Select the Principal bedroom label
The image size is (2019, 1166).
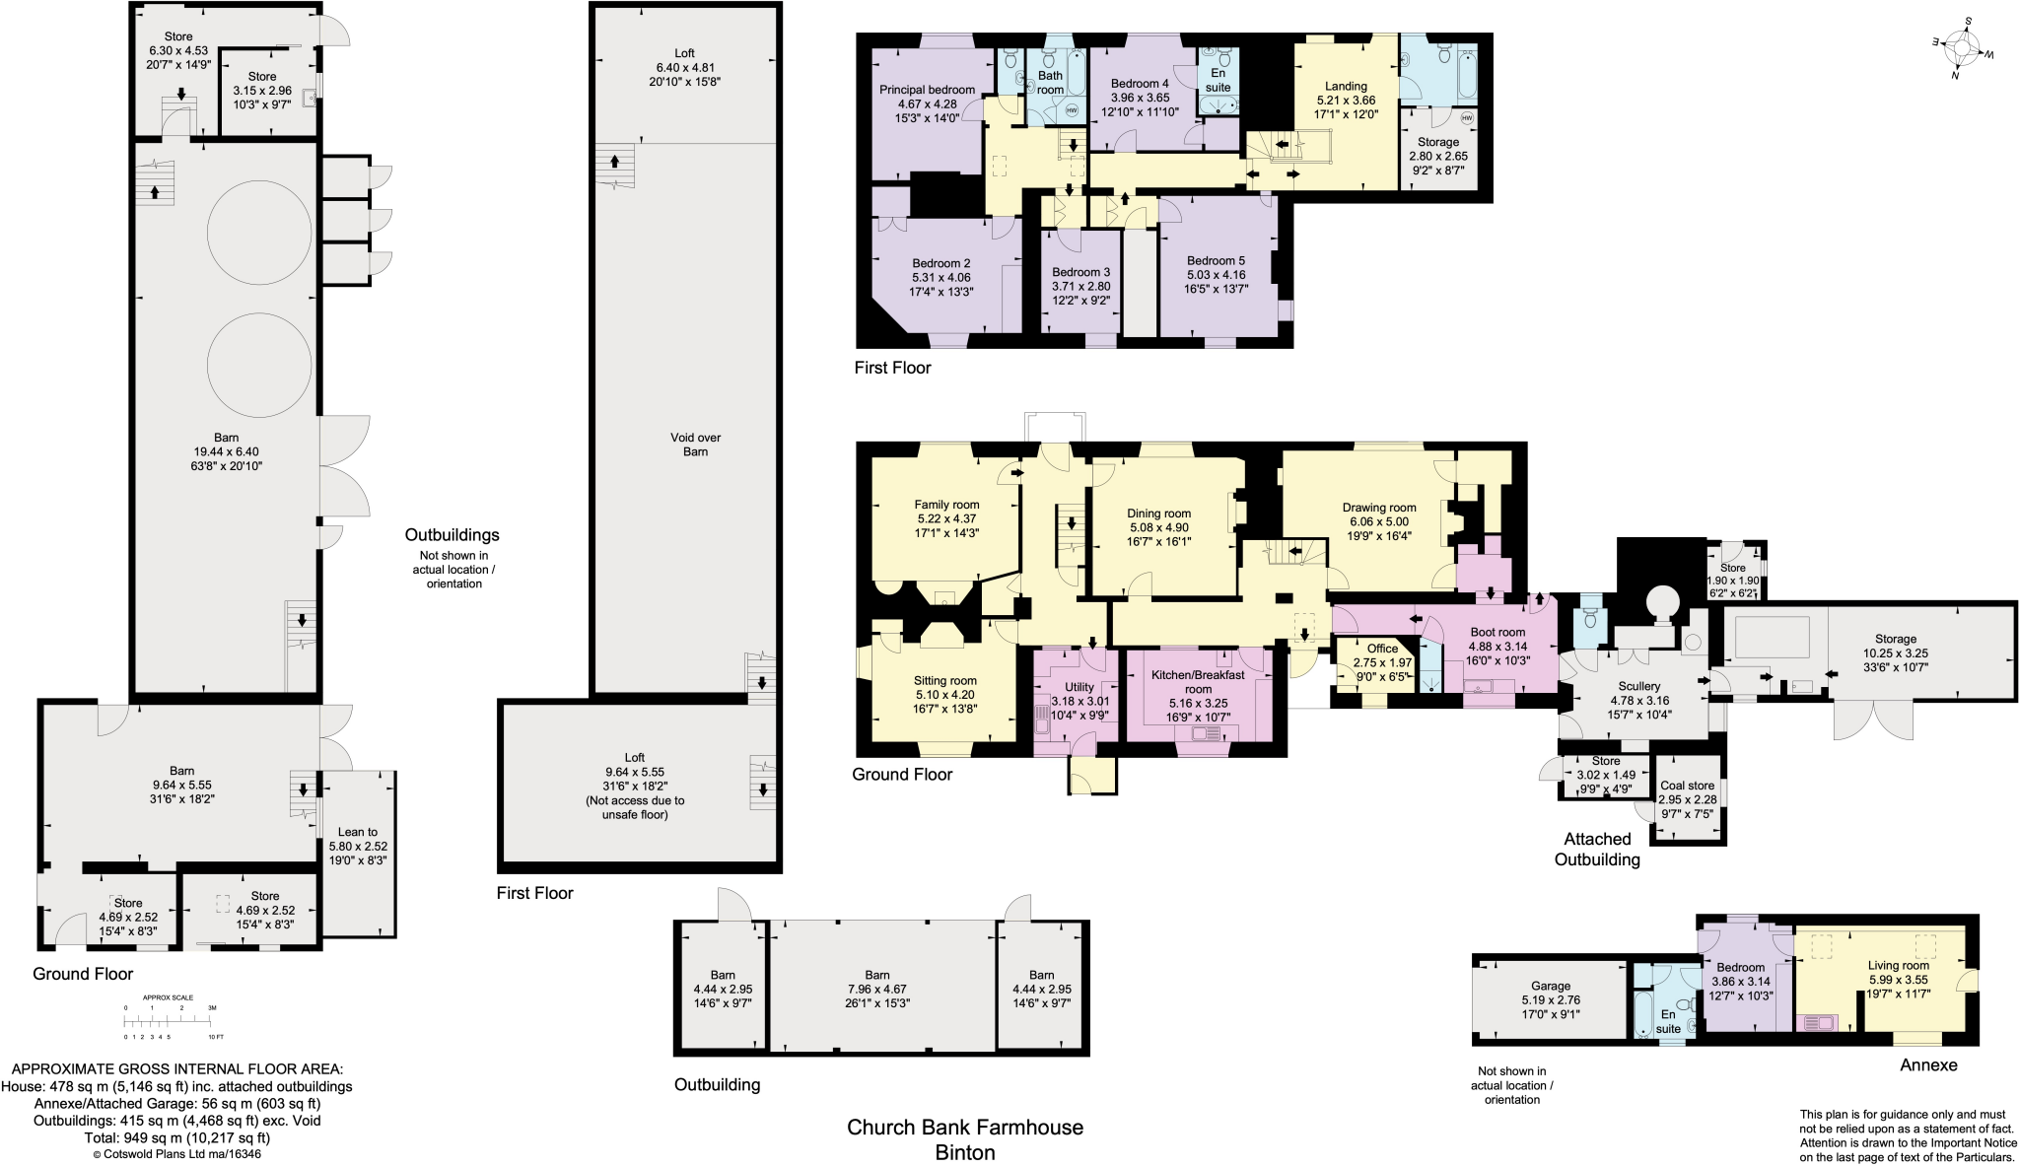[927, 90]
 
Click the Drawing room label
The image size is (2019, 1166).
[1379, 508]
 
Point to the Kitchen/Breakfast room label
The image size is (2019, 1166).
[1198, 682]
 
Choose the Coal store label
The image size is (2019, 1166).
[1687, 786]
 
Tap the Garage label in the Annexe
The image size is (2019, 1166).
[1551, 986]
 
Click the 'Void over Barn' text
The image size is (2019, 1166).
[696, 445]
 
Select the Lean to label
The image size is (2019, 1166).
[357, 832]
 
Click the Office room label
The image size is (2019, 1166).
[1382, 649]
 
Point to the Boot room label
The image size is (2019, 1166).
[1497, 633]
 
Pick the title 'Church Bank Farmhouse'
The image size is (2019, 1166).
[964, 1128]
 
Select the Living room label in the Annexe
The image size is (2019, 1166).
[1898, 966]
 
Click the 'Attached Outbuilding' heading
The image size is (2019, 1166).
[1597, 849]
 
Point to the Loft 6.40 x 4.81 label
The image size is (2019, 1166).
[684, 67]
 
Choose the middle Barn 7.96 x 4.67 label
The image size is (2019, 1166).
[876, 989]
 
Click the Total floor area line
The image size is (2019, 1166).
[177, 1137]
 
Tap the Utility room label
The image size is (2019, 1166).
[1079, 687]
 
